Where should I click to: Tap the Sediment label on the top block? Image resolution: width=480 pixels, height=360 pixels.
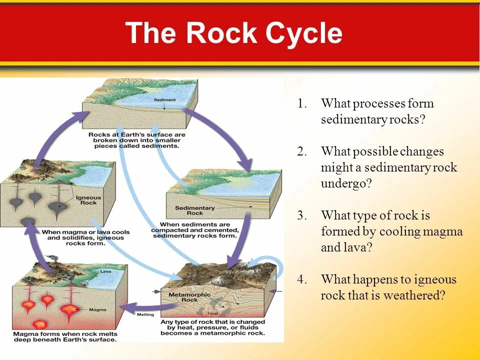(164, 100)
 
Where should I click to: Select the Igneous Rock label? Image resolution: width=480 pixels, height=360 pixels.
(88, 200)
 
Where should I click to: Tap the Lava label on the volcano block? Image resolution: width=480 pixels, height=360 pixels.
(105, 271)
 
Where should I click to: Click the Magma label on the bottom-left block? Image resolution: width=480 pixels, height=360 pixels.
(98, 310)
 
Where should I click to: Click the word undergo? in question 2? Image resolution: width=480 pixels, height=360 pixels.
(346, 183)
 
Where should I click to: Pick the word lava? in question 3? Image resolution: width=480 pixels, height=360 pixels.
(356, 248)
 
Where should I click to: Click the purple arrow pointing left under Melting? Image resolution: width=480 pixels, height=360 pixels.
(138, 305)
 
